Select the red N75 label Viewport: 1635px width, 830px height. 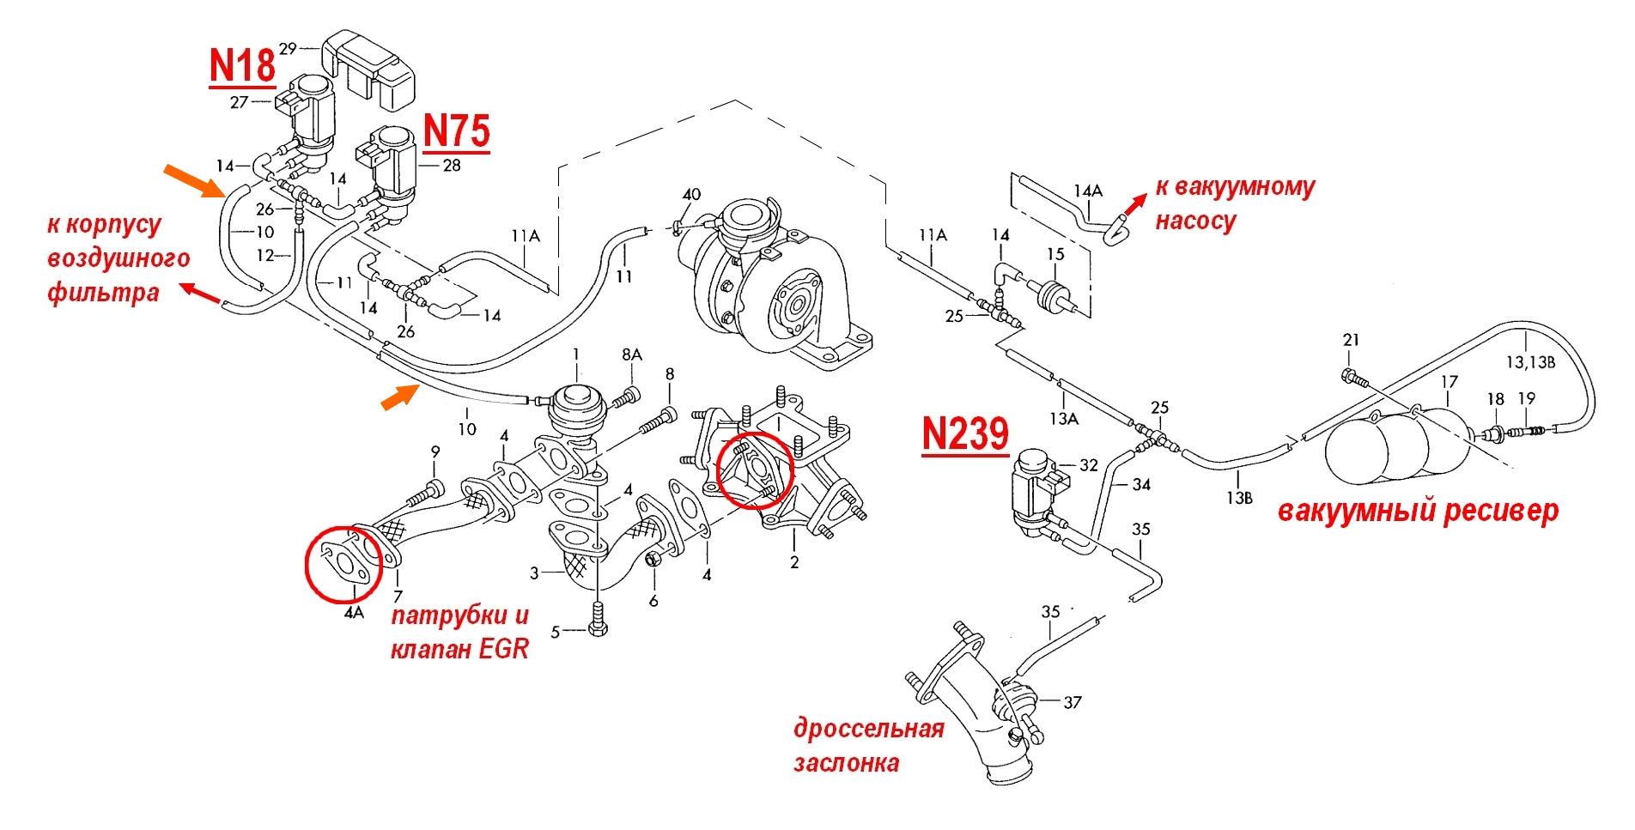(x=456, y=132)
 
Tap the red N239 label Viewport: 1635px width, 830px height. (x=964, y=433)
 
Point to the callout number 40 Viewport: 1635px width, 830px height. (x=692, y=193)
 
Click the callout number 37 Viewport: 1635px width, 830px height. (x=1073, y=703)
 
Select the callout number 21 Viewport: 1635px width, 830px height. (x=1351, y=341)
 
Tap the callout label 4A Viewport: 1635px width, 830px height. (x=354, y=614)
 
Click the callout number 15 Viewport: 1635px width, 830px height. (x=1055, y=254)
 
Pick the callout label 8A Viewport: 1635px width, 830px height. (x=632, y=354)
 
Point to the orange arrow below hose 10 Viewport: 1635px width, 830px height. (x=398, y=397)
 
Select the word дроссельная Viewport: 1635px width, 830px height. (x=868, y=730)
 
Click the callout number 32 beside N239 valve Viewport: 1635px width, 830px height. (x=1088, y=466)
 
